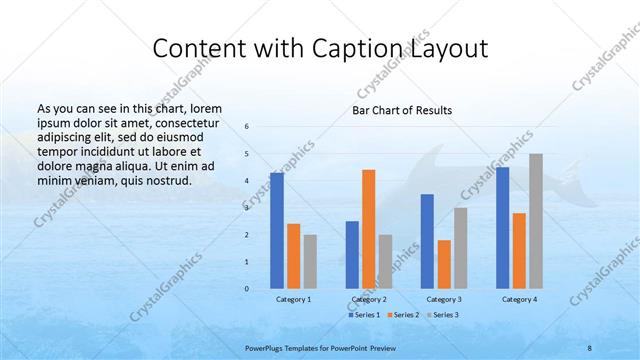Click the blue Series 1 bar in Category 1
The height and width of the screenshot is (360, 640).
[277, 231]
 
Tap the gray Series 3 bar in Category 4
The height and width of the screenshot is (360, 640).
[536, 221]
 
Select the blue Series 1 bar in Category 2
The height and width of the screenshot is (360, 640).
[352, 255]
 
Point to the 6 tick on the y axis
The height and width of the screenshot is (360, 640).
[247, 126]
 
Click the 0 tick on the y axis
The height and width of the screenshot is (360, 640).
[247, 289]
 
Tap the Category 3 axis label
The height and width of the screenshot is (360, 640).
[444, 299]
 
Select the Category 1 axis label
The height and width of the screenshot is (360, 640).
[293, 299]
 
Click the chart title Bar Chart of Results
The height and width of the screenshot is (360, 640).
[402, 110]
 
